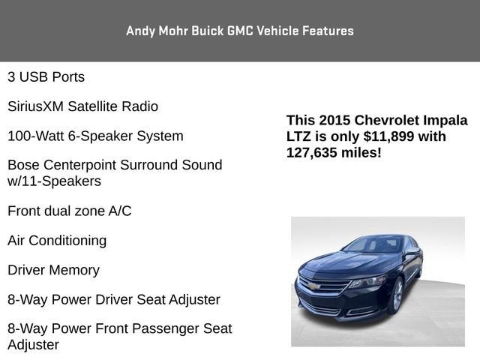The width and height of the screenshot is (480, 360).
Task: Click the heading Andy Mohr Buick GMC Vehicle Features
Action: click(240, 31)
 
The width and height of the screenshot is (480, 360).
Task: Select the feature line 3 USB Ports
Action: click(46, 77)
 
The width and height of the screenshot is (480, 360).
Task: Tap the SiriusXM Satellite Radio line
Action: click(82, 106)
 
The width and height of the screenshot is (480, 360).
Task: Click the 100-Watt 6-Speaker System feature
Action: click(95, 136)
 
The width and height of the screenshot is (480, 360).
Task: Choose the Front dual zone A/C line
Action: click(69, 211)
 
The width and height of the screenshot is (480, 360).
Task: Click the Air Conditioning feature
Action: click(57, 241)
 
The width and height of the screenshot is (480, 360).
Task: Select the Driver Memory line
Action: click(53, 270)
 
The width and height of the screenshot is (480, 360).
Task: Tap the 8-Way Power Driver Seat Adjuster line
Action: click(114, 300)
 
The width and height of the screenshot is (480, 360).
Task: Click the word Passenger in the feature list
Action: click(169, 329)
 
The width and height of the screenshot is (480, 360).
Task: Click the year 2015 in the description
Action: click(334, 121)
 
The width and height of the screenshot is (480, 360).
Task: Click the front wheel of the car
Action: click(396, 295)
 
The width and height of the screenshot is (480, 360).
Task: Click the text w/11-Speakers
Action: click(54, 181)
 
